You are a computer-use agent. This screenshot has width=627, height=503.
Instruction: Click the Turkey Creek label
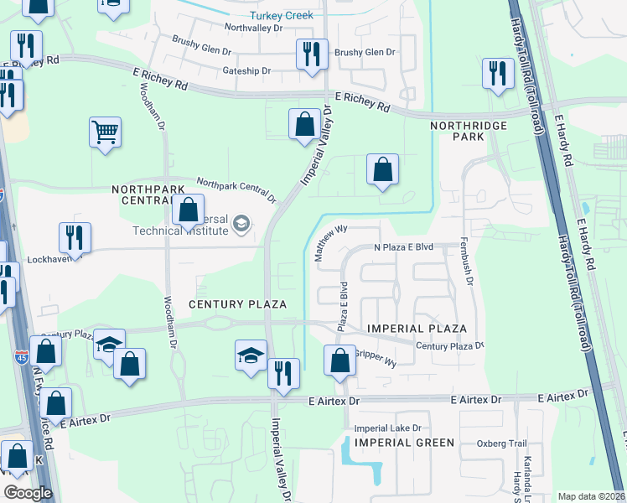click(x=281, y=16)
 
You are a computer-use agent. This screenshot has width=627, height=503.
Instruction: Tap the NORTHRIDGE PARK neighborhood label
click(x=457, y=130)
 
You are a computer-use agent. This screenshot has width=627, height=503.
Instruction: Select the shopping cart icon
click(x=106, y=132)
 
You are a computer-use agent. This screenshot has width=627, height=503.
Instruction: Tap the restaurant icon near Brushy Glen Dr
click(x=311, y=55)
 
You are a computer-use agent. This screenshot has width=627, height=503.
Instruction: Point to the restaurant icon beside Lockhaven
click(x=75, y=238)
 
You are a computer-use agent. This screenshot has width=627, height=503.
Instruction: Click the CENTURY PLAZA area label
click(x=238, y=303)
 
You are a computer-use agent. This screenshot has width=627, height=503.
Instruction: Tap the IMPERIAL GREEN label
click(x=404, y=442)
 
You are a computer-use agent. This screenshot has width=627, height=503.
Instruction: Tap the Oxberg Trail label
click(x=501, y=443)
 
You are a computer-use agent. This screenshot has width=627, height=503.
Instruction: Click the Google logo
click(x=28, y=493)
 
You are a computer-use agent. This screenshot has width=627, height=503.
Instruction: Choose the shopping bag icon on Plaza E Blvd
click(x=339, y=361)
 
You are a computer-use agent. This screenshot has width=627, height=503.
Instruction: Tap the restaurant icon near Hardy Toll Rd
click(x=498, y=73)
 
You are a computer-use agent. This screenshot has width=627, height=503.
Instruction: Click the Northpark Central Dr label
click(x=236, y=190)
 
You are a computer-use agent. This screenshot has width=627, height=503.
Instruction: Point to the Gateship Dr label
click(x=246, y=71)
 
